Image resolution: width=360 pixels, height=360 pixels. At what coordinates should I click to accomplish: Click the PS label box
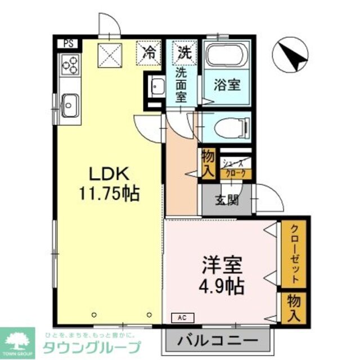pos(67,43)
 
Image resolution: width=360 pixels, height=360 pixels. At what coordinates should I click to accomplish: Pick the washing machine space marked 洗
pos(184,53)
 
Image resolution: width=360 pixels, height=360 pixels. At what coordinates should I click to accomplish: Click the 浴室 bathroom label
pos(227,85)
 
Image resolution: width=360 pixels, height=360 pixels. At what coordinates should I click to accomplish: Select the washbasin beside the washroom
pos(157,87)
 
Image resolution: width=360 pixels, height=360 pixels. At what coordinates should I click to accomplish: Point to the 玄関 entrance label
pos(228,199)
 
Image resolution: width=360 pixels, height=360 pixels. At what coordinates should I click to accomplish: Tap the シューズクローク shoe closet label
pos(235,168)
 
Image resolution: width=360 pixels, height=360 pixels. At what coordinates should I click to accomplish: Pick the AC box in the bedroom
pos(183,317)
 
